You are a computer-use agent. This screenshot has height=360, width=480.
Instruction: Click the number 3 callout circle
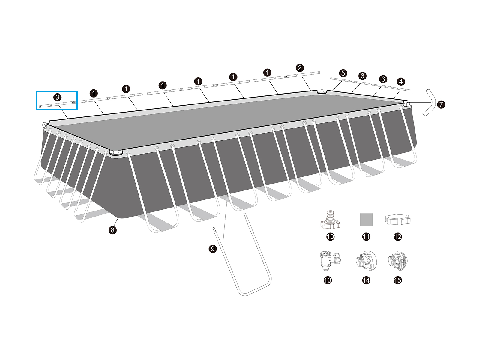(57, 97)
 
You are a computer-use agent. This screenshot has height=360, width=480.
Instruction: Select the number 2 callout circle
(300, 68)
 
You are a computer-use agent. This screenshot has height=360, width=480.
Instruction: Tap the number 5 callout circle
(343, 73)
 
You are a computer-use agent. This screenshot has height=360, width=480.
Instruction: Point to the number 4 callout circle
(400, 82)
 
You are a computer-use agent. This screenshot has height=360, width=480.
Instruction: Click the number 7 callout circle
(441, 104)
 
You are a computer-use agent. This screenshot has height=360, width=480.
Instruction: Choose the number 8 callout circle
(112, 230)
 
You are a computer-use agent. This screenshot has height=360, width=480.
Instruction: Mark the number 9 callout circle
(213, 249)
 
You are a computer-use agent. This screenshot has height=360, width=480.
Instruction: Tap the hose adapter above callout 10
(330, 220)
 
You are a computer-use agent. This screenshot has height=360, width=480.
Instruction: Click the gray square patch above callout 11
(366, 220)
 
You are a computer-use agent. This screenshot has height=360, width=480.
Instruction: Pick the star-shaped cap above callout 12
(398, 220)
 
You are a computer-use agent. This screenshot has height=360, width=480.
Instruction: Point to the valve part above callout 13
(330, 261)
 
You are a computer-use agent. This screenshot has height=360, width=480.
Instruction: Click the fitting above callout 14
(366, 261)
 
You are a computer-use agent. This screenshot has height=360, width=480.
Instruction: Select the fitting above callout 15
(398, 261)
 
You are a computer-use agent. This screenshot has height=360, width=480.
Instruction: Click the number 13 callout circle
(328, 280)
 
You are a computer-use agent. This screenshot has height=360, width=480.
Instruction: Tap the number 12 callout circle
(398, 237)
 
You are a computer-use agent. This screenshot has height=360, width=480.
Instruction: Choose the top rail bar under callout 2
(303, 74)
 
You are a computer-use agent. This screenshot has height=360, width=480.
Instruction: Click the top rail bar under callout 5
(340, 80)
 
